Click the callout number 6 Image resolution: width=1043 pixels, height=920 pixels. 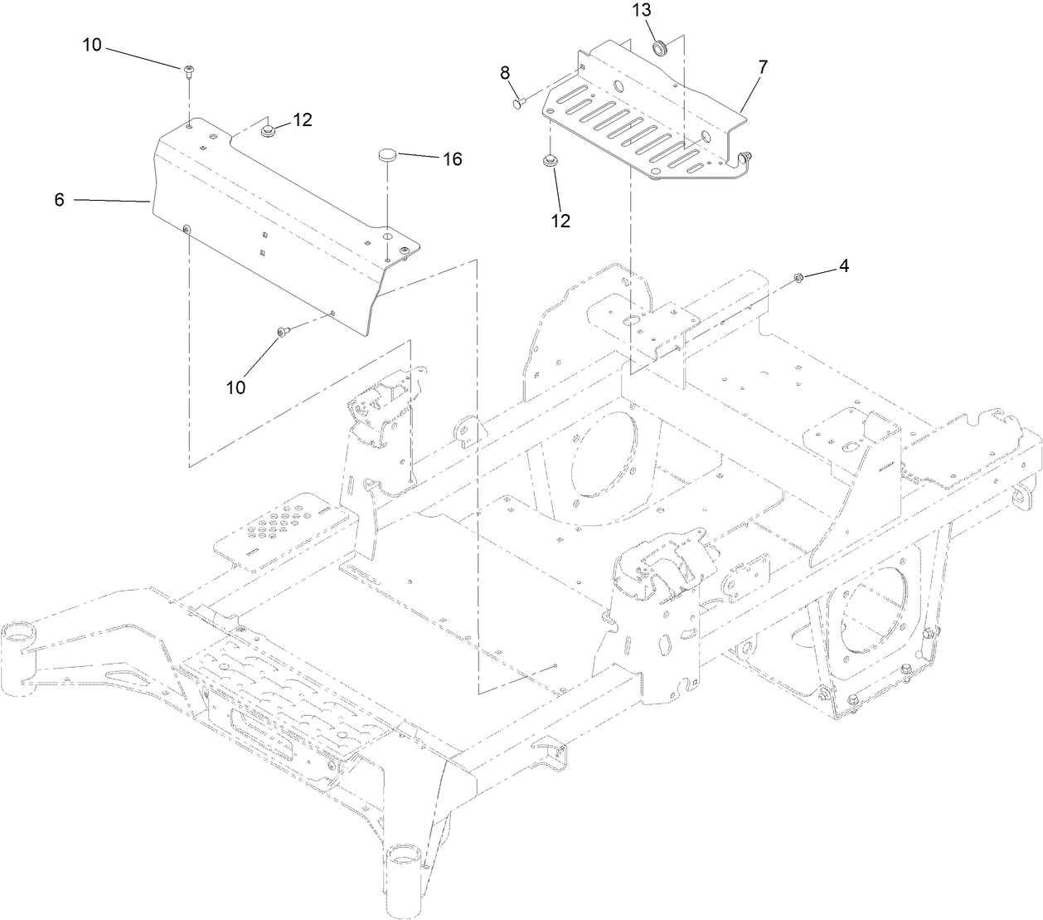59,200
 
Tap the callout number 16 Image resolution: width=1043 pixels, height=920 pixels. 451,158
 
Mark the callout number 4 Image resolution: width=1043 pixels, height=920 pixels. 843,266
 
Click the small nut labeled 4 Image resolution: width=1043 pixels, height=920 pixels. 798,278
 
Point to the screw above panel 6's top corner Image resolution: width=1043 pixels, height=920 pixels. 188,70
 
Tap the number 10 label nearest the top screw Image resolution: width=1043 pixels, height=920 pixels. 92,46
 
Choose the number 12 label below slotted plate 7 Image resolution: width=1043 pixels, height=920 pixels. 560,221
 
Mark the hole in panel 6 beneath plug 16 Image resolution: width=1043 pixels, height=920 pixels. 387,236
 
